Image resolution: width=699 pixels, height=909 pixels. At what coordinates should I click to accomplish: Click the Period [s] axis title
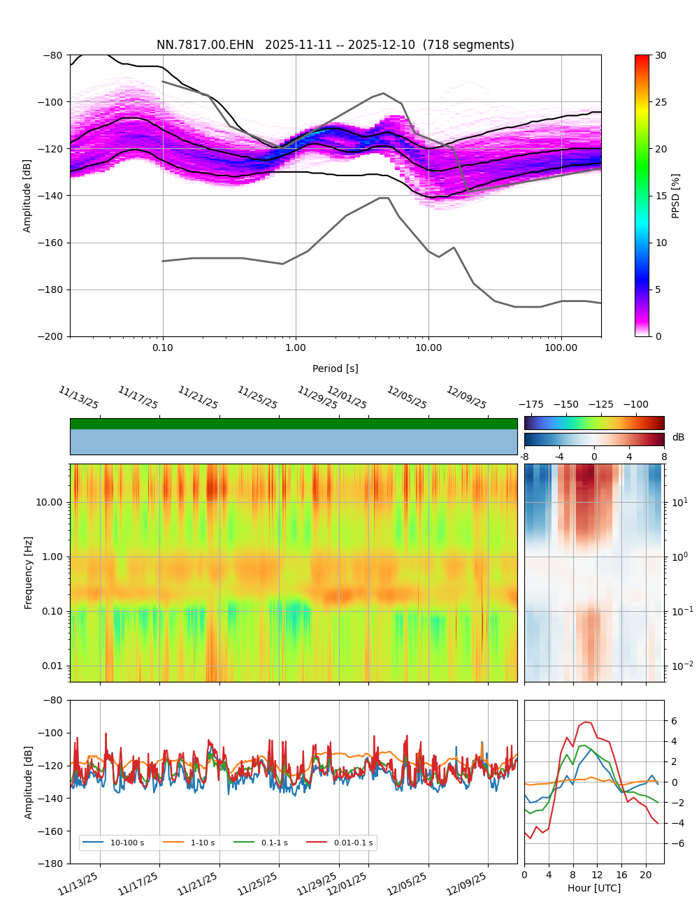[335, 368]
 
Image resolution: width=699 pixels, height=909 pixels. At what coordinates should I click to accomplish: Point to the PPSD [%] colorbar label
[676, 196]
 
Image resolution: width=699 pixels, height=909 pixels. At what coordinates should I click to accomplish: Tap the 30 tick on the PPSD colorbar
[661, 55]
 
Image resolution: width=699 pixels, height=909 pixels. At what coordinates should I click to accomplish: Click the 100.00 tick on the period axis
[561, 348]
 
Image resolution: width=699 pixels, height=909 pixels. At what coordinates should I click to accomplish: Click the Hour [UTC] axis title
[593, 888]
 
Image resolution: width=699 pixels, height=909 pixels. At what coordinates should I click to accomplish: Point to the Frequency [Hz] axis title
[29, 572]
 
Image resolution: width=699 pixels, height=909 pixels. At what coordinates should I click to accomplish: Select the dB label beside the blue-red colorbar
[678, 438]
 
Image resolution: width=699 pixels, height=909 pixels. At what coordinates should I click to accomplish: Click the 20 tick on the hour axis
[645, 875]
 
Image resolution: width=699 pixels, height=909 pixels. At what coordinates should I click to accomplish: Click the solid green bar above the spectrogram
[294, 424]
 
